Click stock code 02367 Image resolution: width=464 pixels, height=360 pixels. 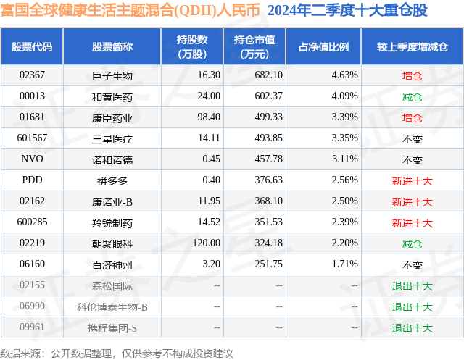pyautogui.click(x=33, y=75)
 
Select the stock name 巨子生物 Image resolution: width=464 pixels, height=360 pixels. pyautogui.click(x=112, y=75)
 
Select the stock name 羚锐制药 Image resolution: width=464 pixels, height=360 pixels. pyautogui.click(x=112, y=222)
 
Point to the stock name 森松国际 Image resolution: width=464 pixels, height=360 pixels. pyautogui.click(x=112, y=286)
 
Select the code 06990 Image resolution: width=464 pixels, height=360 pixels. pyautogui.click(x=33, y=307)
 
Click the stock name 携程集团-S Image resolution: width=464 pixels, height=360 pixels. pyautogui.click(x=112, y=328)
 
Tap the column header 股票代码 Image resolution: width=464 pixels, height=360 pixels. pyautogui.click(x=33, y=47)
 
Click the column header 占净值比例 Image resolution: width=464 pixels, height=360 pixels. pyautogui.click(x=324, y=47)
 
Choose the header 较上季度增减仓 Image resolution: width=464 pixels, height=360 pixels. pyautogui.click(x=412, y=47)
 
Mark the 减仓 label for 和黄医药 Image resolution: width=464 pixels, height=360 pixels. pyautogui.click(x=412, y=96)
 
